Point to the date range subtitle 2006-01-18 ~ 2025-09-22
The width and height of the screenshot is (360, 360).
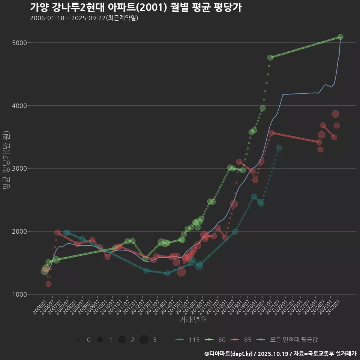84,18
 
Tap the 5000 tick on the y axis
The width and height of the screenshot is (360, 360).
19,42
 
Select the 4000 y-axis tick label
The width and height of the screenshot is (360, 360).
19,105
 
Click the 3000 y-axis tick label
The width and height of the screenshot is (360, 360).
19,168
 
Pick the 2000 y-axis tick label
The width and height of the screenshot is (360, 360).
19,231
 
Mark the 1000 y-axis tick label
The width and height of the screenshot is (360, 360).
19,294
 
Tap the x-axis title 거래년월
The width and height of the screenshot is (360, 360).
193,320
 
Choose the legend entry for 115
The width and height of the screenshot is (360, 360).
187,340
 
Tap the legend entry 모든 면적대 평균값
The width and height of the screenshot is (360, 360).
289,340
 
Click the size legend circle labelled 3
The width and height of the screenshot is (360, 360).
144,340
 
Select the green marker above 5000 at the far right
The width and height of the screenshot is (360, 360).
340,37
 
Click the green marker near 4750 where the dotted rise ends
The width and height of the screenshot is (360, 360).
270,57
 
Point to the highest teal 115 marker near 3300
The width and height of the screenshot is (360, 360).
279,148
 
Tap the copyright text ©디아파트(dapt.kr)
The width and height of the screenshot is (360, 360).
229,354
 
